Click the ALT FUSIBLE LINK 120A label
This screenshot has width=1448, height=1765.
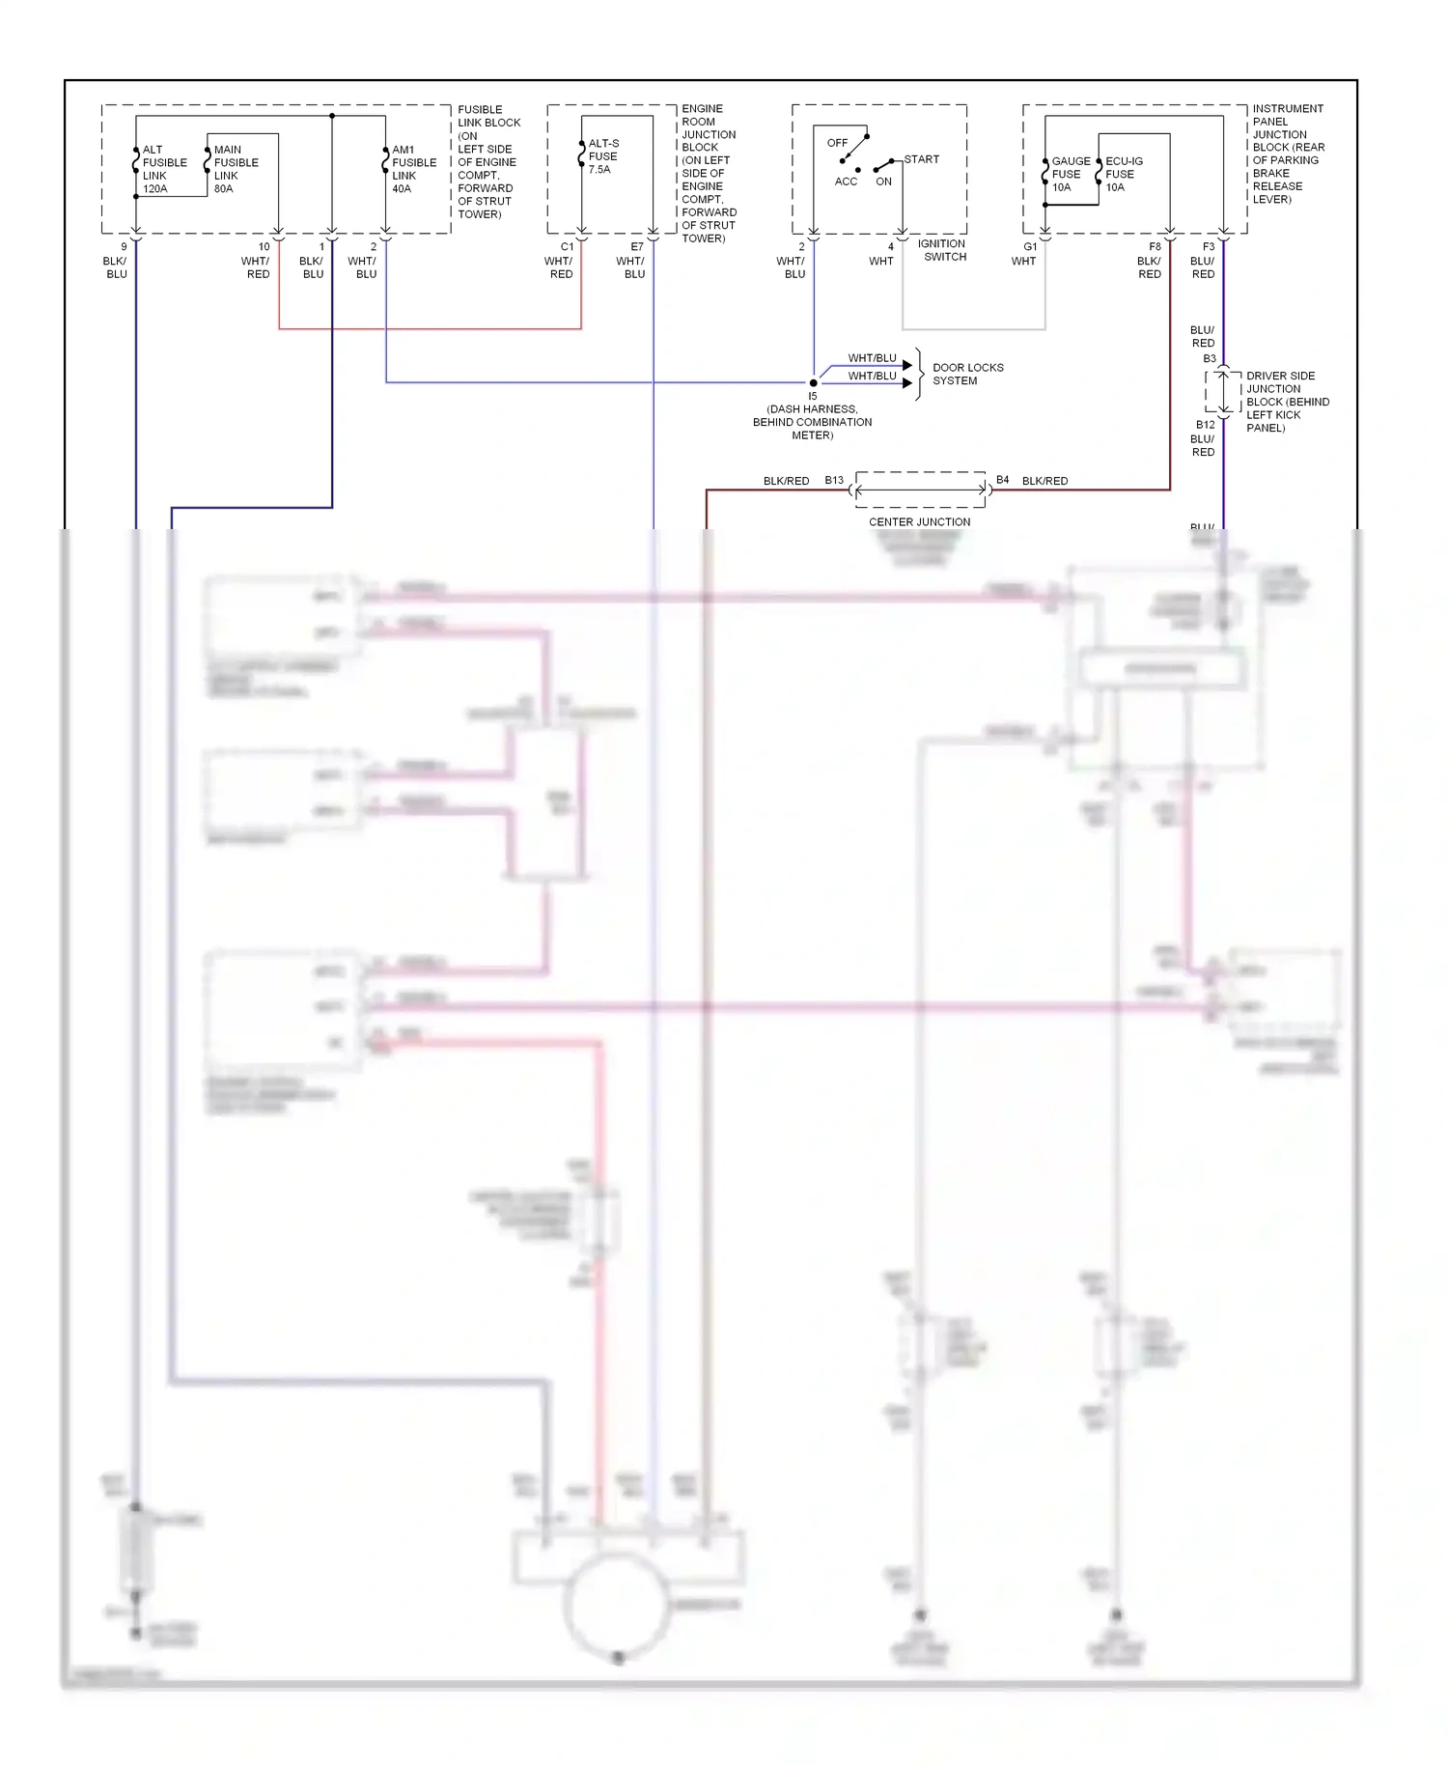point(163,169)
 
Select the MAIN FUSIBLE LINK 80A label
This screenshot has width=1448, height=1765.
point(235,169)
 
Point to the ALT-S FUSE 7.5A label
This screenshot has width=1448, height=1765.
point(602,156)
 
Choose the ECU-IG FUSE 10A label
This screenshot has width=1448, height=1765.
point(1123,174)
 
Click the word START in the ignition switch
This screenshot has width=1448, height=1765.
point(921,159)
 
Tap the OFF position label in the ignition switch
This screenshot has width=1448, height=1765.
point(837,143)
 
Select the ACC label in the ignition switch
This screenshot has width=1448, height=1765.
point(846,182)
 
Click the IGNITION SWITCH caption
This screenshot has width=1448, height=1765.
point(942,250)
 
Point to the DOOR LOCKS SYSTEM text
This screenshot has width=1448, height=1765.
point(967,374)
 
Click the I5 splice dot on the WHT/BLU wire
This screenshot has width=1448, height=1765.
point(813,382)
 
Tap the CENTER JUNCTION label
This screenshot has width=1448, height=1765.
point(919,521)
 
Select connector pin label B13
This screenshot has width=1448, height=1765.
point(834,480)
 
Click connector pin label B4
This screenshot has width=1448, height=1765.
point(1002,480)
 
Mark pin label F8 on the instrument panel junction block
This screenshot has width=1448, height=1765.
point(1155,247)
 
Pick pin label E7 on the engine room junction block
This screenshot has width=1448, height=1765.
point(637,247)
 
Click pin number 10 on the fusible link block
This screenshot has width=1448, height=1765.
point(264,247)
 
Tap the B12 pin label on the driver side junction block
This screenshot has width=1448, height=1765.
point(1205,425)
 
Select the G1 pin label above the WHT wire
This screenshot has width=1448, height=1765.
point(1030,247)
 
